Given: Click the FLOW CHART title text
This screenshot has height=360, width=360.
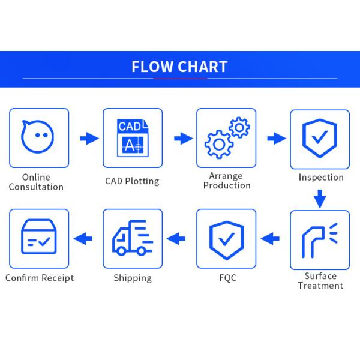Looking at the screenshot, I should pos(179,67).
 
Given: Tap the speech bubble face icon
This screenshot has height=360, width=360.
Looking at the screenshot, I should pos(38,137).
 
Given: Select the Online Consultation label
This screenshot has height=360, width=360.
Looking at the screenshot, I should pos(36,182).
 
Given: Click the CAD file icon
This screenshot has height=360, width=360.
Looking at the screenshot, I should pos(132,137).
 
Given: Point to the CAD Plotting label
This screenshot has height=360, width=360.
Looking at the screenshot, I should pos(132,181).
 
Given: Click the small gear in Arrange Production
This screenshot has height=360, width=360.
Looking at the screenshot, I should pos(239,127).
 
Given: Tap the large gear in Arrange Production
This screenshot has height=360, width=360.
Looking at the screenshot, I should pos(218,144).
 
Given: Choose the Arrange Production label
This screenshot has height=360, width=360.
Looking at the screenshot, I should pos(226,181).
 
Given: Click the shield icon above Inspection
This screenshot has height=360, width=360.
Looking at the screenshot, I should pos(319,138).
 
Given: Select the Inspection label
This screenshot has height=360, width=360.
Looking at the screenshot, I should pos(321,177).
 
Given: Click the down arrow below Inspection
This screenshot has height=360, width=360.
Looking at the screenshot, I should pos(320,198).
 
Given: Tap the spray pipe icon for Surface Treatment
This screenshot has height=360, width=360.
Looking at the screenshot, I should pos(318,239).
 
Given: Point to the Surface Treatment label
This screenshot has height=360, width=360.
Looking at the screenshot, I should pos(320,281).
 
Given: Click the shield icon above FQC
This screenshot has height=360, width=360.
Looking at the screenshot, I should pos(226,238).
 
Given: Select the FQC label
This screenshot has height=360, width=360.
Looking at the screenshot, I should pos(226,278).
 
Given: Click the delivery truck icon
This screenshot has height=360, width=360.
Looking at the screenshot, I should pos(132,238).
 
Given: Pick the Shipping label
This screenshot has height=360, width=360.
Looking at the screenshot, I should pos(133,278).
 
